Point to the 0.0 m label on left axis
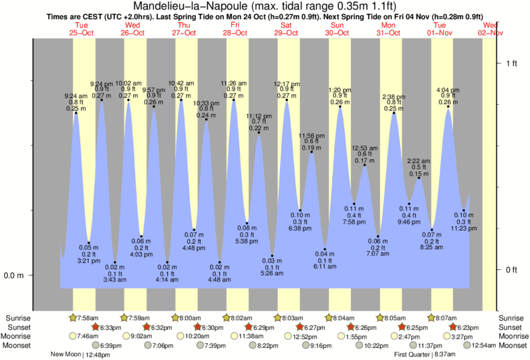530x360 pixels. (x=15, y=275)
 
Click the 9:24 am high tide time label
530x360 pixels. (x=76, y=95)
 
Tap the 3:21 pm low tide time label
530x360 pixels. (x=89, y=260)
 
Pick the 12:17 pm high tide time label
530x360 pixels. (x=286, y=83)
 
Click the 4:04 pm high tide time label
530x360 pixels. (x=448, y=89)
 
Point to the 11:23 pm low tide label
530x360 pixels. (x=464, y=228)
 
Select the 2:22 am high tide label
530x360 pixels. (x=419, y=161)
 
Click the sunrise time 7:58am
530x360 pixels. (x=88, y=318)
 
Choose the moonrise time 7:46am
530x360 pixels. (x=88, y=336)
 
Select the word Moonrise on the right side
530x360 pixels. (x=511, y=336)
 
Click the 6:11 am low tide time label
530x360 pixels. (x=325, y=266)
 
